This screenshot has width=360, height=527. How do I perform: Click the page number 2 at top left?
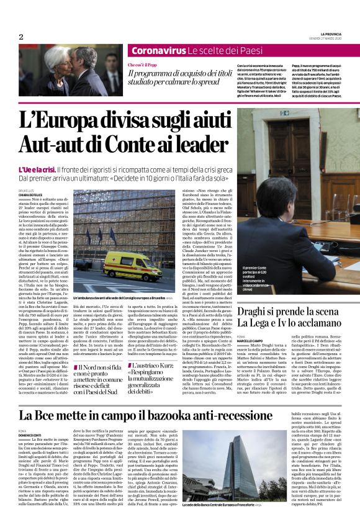coord(20,37)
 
